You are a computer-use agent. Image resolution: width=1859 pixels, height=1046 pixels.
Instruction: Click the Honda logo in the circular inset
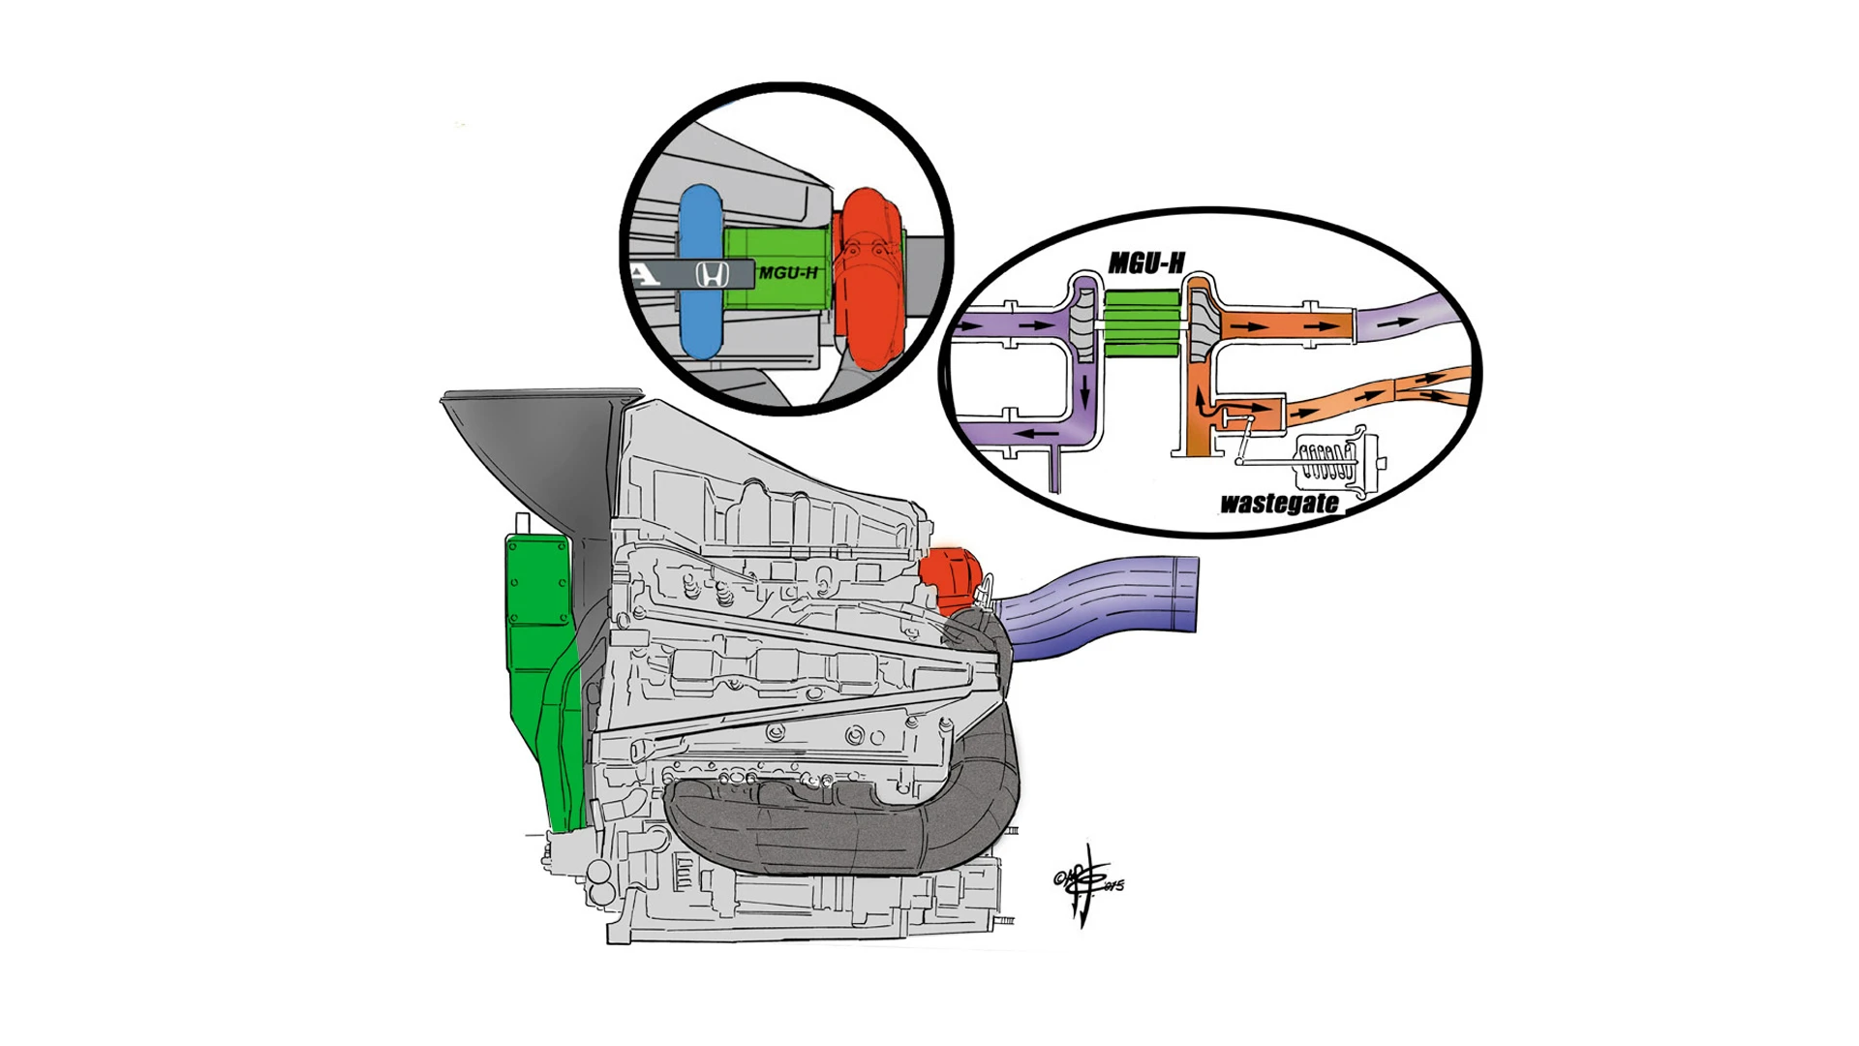coord(713,275)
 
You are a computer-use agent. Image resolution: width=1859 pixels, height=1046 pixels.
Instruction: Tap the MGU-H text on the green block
coord(788,273)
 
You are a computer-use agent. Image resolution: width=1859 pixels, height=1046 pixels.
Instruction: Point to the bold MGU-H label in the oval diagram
coord(1146,263)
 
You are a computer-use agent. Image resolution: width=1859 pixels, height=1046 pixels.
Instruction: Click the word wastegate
coord(1279,504)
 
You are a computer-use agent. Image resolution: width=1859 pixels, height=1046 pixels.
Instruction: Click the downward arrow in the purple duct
coord(1084,392)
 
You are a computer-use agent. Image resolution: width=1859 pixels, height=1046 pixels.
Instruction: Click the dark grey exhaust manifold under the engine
coord(842,823)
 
